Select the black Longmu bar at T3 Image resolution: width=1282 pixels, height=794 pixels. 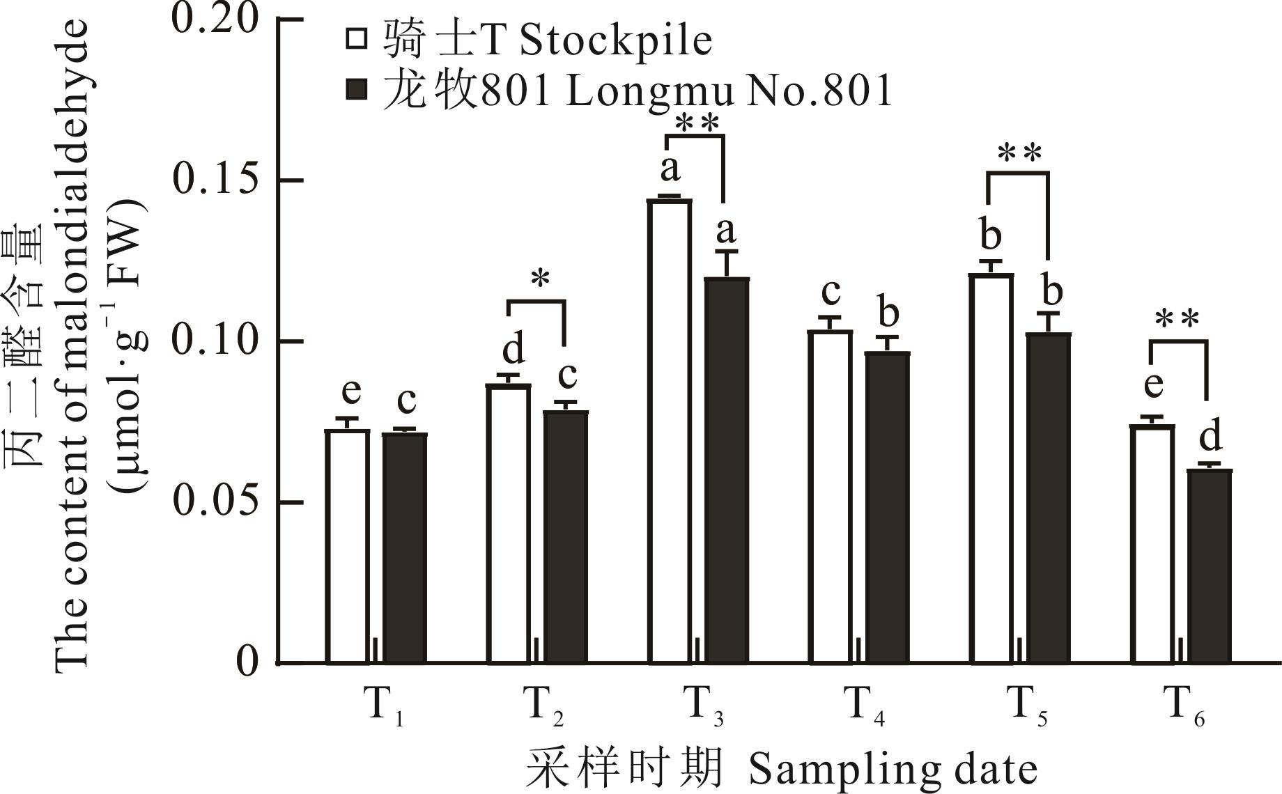coord(727,470)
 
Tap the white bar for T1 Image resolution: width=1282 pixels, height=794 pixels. coord(348,546)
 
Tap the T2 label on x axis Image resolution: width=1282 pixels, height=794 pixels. coord(543,705)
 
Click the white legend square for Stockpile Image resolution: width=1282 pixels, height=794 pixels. coord(357,39)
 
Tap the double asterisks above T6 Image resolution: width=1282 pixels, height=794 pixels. coord(1177,319)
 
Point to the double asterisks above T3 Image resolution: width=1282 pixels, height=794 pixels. coord(697,124)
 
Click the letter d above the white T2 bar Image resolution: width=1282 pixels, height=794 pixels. coord(513,350)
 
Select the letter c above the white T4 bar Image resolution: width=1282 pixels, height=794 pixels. coord(831,293)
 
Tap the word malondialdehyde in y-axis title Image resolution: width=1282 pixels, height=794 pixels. coord(73,279)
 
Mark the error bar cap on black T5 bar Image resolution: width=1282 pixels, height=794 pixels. coord(1049,313)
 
